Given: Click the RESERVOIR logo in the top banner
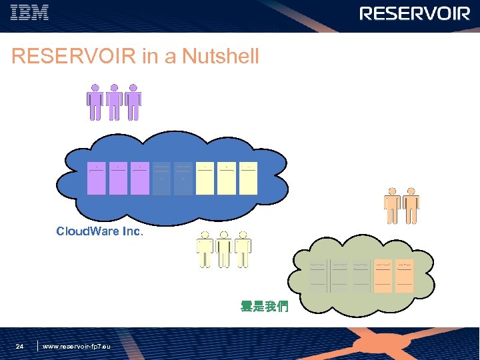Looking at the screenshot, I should pyautogui.click(x=415, y=14).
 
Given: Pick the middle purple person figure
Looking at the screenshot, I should pyautogui.click(x=114, y=102).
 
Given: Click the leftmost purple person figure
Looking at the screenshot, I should pyautogui.click(x=95, y=102).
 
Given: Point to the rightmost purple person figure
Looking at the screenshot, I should pyautogui.click(x=133, y=102).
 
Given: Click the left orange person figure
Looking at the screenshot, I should pyautogui.click(x=392, y=206).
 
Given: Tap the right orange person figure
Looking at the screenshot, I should pyautogui.click(x=411, y=206).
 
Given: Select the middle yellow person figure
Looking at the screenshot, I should pyautogui.click(x=224, y=250).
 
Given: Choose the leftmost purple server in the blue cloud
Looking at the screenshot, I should pyautogui.click(x=97, y=178).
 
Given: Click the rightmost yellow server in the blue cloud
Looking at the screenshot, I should pyautogui.click(x=248, y=178).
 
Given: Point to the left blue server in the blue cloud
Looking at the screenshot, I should pyautogui.click(x=162, y=178).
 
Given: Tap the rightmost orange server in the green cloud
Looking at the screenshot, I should pyautogui.click(x=405, y=275).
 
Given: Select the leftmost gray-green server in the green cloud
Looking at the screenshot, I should pyautogui.click(x=319, y=275).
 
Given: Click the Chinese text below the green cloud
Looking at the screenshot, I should pyautogui.click(x=264, y=307).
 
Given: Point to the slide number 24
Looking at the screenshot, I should pyautogui.click(x=20, y=347).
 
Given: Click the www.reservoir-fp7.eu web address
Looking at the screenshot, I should pyautogui.click(x=76, y=347).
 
